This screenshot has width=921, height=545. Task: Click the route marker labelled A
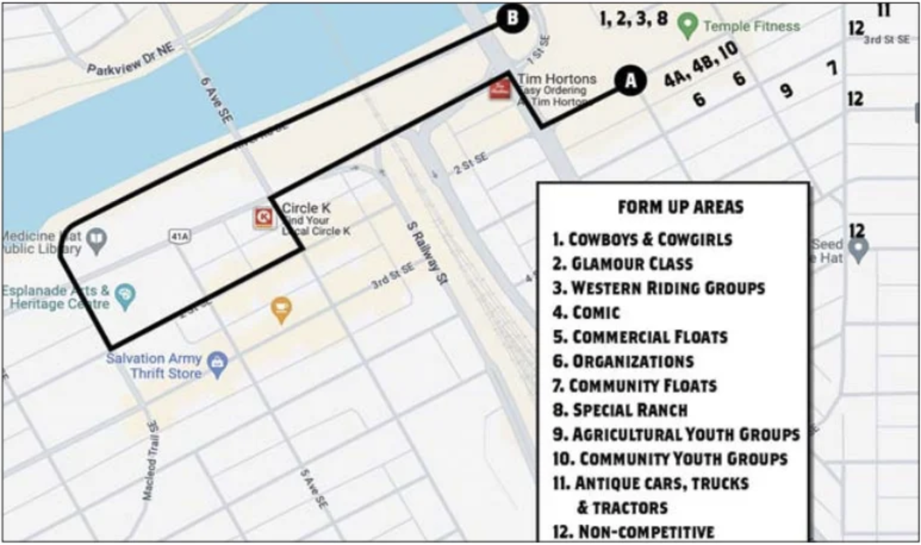click(x=630, y=80)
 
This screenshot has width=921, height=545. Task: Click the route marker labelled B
click(x=512, y=18)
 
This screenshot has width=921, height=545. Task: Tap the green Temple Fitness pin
click(x=687, y=26)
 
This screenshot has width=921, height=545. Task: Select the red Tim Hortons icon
click(x=500, y=89)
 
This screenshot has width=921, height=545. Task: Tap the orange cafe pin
click(x=281, y=309)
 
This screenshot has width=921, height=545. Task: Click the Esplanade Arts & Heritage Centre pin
click(x=125, y=296)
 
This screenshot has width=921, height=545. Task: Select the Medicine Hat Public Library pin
click(x=97, y=240)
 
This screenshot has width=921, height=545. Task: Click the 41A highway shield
click(x=180, y=236)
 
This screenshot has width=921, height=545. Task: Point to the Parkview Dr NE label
click(x=131, y=61)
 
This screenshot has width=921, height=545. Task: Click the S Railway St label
click(x=427, y=253)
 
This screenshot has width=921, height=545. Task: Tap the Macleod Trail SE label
click(x=151, y=459)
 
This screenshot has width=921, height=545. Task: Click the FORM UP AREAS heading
click(x=680, y=207)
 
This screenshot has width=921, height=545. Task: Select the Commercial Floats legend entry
click(x=640, y=337)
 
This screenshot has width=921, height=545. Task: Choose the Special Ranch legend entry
click(x=620, y=410)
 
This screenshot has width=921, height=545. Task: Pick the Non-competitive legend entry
click(x=634, y=531)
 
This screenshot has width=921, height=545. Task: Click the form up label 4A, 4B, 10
click(x=701, y=64)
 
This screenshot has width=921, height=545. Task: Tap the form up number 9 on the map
click(x=786, y=90)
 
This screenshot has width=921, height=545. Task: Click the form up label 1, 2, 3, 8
click(x=634, y=18)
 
